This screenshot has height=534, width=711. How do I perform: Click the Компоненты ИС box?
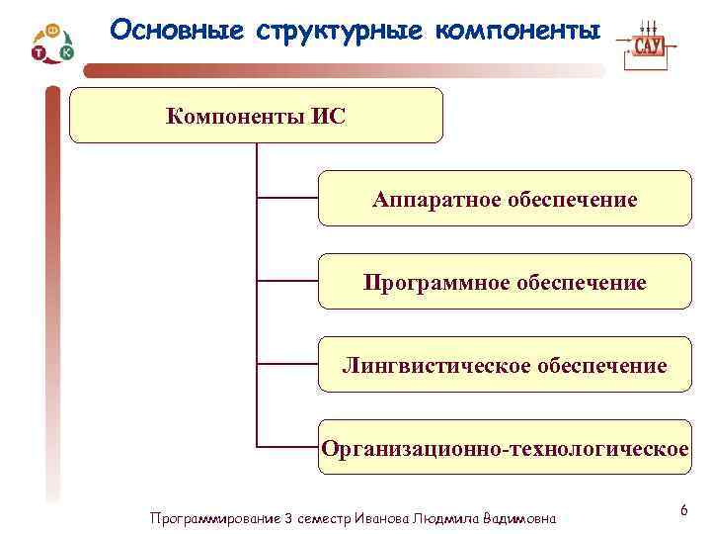tap(257, 116)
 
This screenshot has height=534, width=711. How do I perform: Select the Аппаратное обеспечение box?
tap(505, 200)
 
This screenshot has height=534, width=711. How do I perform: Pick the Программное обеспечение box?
tap(505, 283)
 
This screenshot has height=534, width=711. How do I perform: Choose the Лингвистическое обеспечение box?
tap(505, 366)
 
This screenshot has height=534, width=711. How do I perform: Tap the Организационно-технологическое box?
tap(505, 448)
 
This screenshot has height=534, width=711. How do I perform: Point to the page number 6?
tap(683, 509)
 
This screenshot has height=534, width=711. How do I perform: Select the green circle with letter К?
tap(66, 52)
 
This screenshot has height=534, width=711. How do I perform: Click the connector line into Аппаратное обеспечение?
tap(286, 199)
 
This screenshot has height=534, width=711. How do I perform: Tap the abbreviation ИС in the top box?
tap(329, 116)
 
